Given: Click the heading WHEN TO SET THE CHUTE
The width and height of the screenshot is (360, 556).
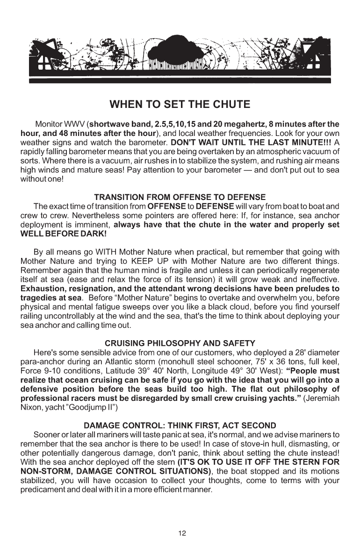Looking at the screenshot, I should point(180,104).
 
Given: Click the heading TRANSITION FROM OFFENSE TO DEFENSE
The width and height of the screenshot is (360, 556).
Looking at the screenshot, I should point(180,197).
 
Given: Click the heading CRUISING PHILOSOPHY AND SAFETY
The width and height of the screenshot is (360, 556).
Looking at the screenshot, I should point(180,343).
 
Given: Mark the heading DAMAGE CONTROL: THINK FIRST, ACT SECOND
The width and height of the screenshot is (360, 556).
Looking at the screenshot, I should point(180,426).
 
